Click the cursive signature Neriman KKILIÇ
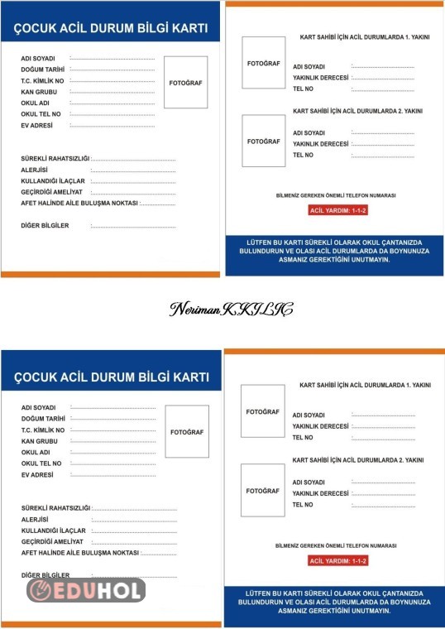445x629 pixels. click(231, 310)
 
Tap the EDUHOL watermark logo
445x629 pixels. click(86, 590)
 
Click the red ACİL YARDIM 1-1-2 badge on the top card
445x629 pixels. click(337, 211)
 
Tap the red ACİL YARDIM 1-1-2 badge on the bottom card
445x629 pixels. click(337, 560)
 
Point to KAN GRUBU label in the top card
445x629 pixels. click(40, 92)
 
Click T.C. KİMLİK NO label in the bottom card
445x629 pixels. click(43, 430)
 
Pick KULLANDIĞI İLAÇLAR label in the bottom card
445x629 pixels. click(54, 530)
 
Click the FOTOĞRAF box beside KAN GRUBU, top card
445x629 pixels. click(185, 83)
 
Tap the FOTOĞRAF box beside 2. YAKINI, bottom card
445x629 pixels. click(262, 491)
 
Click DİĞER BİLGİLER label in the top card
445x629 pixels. click(45, 225)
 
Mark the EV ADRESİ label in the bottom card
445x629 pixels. click(38, 475)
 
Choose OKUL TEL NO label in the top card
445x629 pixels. click(41, 114)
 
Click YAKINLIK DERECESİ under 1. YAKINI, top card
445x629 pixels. click(320, 78)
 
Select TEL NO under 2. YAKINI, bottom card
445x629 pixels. click(303, 504)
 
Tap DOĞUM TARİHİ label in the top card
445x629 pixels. click(44, 70)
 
